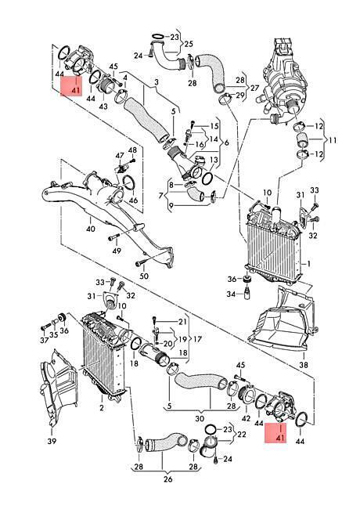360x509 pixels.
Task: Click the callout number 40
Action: (x=91, y=229)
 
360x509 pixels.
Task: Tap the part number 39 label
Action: (x=52, y=441)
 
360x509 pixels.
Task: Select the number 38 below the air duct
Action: (x=304, y=365)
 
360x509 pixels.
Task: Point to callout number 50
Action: (x=144, y=276)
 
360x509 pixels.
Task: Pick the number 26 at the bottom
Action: (x=168, y=478)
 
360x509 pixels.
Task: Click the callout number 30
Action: (x=200, y=418)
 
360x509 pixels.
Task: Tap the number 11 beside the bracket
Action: (x=332, y=140)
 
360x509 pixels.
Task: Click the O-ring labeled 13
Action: (x=207, y=178)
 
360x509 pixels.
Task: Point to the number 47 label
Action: (x=120, y=155)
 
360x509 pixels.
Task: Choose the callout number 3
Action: (x=157, y=82)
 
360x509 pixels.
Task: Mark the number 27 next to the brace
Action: (x=255, y=88)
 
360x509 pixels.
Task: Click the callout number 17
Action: (x=197, y=339)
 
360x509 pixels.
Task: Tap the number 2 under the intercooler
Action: (x=102, y=407)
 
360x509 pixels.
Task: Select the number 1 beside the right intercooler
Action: (x=309, y=264)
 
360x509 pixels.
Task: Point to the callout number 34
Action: (x=231, y=294)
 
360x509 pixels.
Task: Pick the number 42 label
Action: (x=247, y=418)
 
